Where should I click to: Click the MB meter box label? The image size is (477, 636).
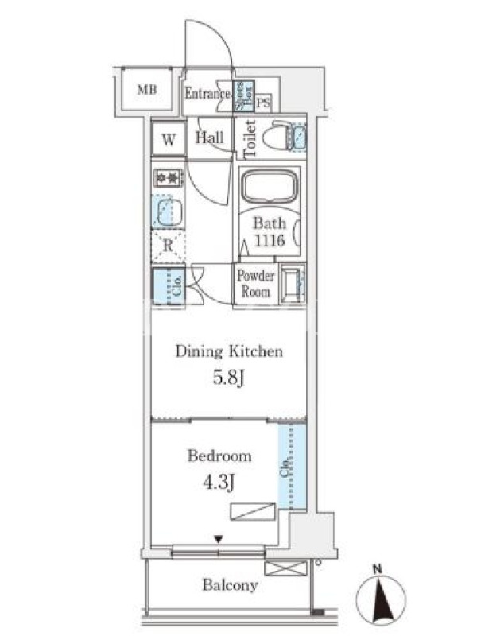point(147,89)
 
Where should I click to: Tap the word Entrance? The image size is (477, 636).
point(207,94)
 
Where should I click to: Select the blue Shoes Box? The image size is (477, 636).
point(243,95)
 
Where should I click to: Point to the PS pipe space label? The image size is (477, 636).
point(263,103)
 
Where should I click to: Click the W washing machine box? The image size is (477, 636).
point(169,139)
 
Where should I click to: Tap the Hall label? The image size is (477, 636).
point(210,138)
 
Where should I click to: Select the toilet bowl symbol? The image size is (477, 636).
point(277,136)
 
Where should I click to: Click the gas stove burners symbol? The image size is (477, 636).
point(168,178)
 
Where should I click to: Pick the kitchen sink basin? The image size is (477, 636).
point(167,212)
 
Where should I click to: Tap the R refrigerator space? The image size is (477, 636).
point(168,246)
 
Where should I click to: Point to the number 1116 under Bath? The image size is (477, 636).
point(270,241)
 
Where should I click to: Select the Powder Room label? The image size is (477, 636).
point(256,284)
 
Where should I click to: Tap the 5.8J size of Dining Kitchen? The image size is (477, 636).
point(229,378)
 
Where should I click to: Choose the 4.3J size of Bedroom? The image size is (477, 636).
point(219,483)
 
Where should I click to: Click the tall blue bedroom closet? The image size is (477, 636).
point(292,466)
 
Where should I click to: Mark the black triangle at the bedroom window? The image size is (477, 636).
point(219,540)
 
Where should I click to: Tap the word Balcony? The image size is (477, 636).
point(230,585)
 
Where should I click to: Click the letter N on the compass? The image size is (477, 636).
point(378,569)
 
